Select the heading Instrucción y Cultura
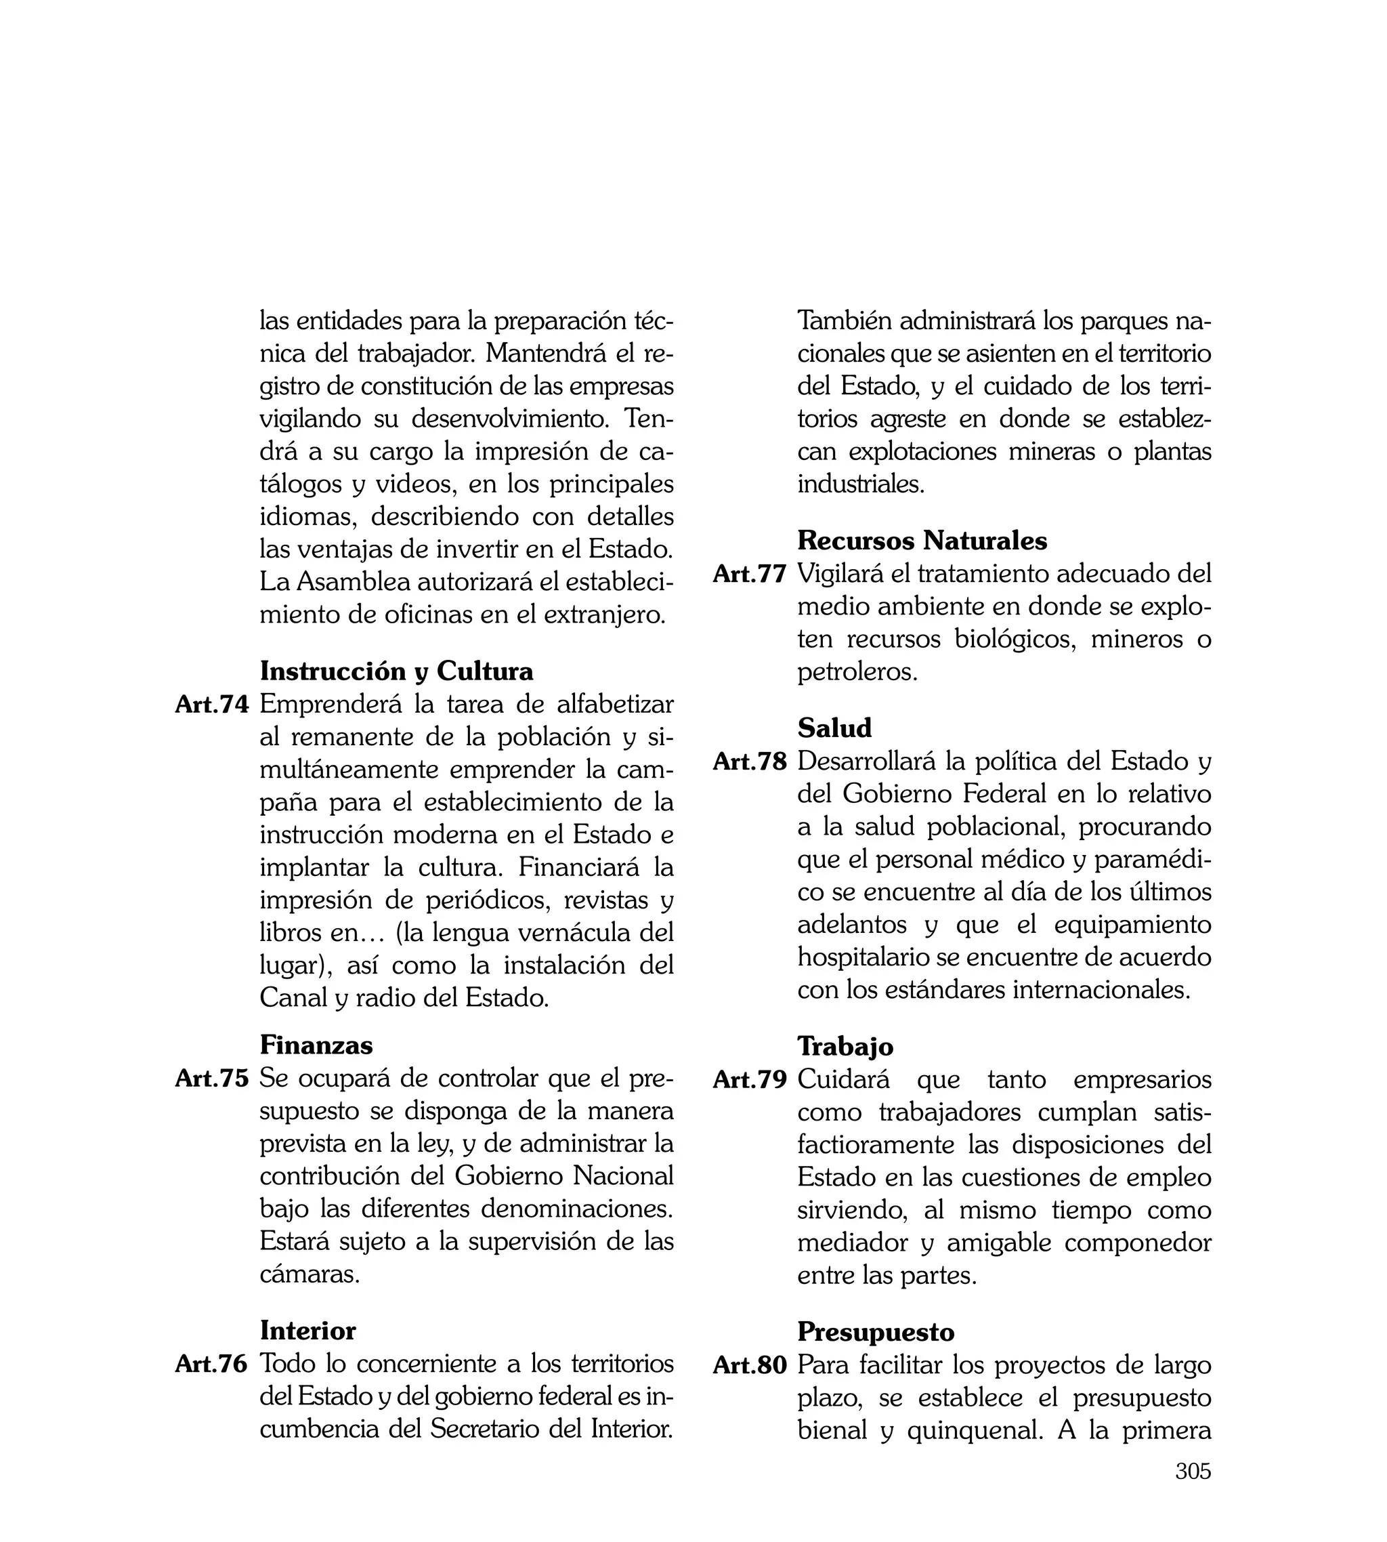396,671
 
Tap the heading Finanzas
316,1044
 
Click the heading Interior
308,1330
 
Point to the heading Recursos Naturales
922,541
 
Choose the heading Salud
834,728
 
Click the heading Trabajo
845,1046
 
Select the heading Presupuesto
876,1331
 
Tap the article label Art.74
212,705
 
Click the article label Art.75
212,1079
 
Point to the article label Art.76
212,1364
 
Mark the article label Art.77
750,574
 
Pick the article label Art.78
750,762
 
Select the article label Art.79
750,1080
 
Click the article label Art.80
750,1365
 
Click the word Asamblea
349,581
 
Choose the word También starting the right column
845,321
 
